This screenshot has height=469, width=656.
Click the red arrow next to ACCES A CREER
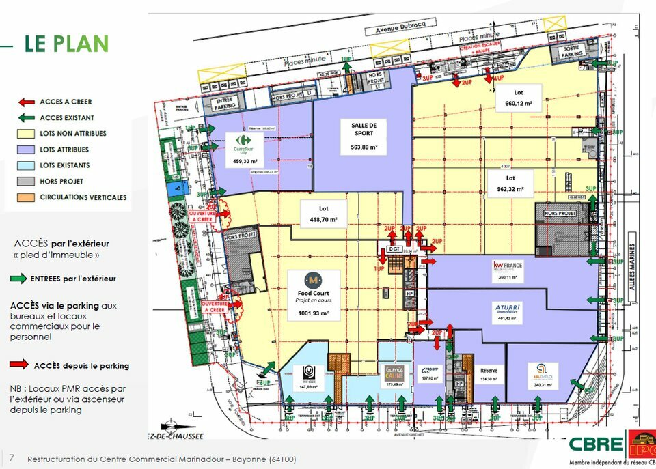click(26, 102)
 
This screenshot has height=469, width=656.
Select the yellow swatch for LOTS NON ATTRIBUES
click(26, 134)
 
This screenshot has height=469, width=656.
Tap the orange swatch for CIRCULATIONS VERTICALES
click(26, 197)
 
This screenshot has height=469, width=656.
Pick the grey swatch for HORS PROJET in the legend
click(26, 182)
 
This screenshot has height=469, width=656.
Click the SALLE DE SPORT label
click(364, 129)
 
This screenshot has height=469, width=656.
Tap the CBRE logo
click(595, 444)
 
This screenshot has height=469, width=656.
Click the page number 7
click(11, 459)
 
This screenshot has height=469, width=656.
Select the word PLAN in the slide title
click(81, 44)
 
